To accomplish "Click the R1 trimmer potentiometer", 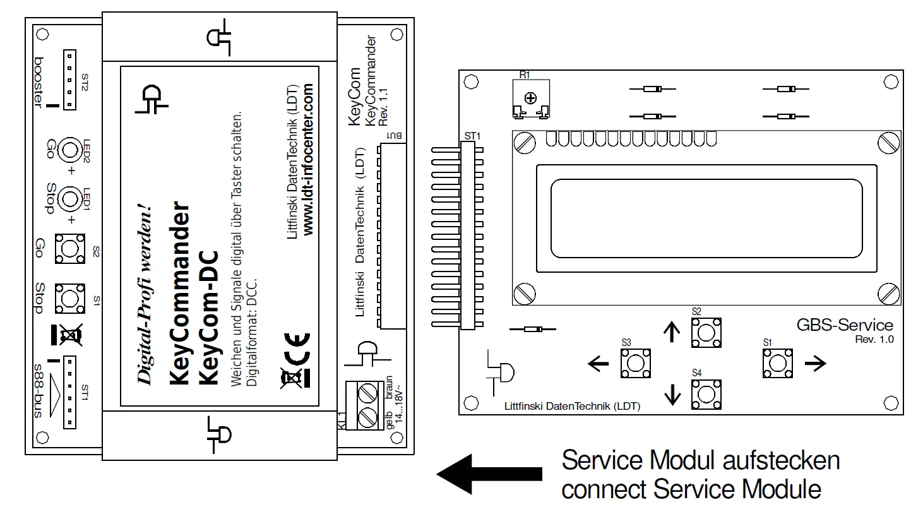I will (x=530, y=98).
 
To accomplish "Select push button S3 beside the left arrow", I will (x=636, y=362).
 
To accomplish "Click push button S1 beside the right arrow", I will (x=777, y=362).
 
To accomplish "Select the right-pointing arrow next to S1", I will (x=815, y=362).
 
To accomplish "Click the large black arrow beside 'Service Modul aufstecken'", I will (x=490, y=474).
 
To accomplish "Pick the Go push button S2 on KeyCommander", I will (x=70, y=248).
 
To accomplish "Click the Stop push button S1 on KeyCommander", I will (x=70, y=297).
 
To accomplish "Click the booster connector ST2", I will (x=71, y=79).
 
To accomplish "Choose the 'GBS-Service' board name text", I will (x=845, y=325).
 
